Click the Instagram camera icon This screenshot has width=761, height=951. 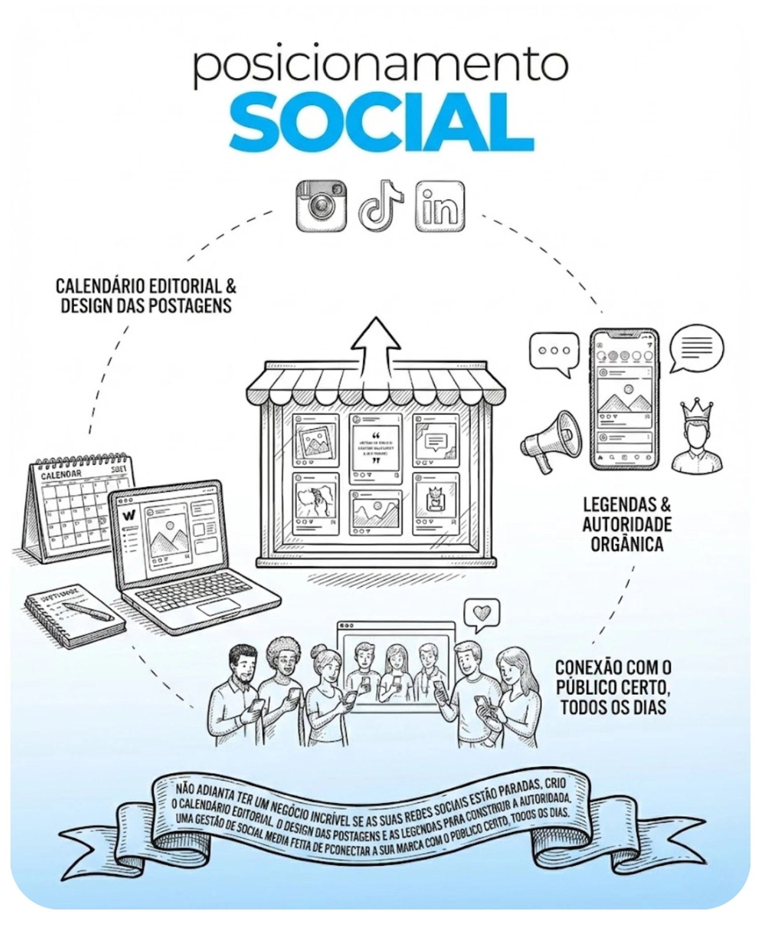(321, 206)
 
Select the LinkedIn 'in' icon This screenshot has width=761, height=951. (440, 206)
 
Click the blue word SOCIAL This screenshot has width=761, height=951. (381, 122)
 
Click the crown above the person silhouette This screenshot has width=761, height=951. (696, 410)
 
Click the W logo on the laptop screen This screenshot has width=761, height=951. (129, 515)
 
